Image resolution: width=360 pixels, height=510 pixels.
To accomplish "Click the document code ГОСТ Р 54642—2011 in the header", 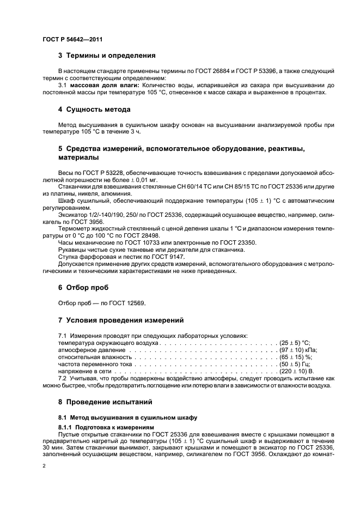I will (72, 40).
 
